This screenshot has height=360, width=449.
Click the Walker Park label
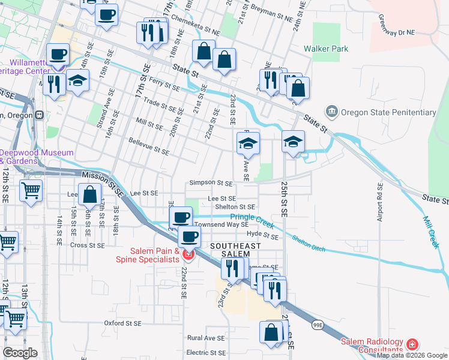[x=326, y=48]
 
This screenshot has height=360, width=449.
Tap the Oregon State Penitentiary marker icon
[x=331, y=112]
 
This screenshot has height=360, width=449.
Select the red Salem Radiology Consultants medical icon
[x=412, y=344]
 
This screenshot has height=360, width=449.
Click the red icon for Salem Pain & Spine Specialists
[x=188, y=255]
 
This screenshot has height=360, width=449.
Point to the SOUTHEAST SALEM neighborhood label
[x=235, y=250]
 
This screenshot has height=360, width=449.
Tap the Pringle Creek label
[x=252, y=221]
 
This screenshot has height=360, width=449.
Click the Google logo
[x=20, y=352]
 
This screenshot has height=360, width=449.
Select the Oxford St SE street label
[x=122, y=323]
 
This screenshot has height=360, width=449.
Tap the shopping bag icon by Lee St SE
[x=89, y=194]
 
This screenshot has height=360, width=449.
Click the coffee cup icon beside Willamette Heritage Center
[x=58, y=55]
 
